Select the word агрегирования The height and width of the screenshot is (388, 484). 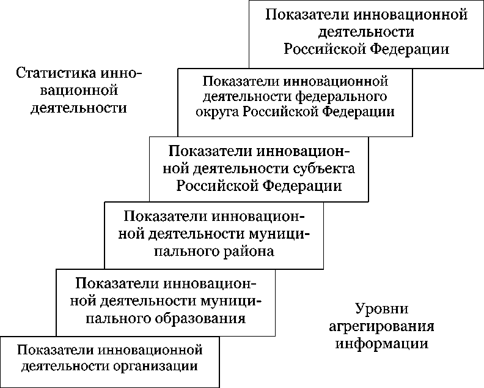click(x=381, y=326)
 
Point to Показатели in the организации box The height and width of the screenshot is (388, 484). click(x=56, y=351)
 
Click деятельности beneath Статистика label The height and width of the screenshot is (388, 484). click(x=79, y=108)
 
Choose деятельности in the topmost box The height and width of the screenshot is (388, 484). click(x=367, y=32)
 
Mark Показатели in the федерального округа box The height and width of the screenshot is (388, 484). click(x=241, y=81)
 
